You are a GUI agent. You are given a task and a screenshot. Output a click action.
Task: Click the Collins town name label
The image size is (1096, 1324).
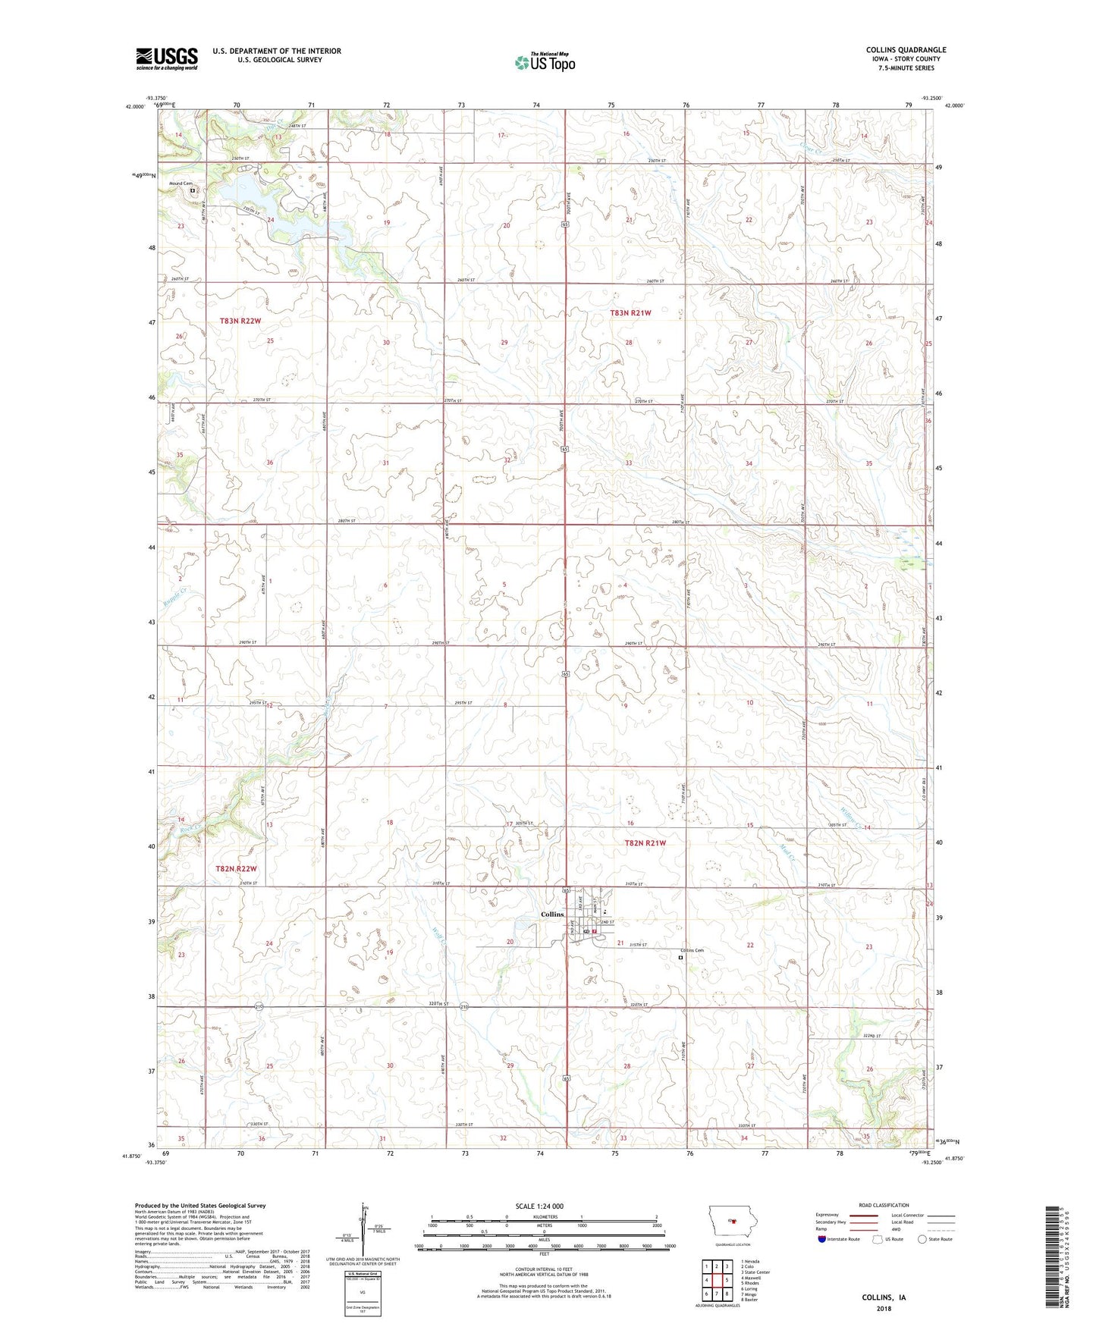click(551, 915)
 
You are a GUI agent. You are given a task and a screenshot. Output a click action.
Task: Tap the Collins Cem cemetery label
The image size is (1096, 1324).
click(692, 951)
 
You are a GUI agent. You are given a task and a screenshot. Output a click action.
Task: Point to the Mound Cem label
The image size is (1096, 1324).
click(181, 184)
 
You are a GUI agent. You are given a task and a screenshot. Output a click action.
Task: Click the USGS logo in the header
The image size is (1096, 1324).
click(167, 58)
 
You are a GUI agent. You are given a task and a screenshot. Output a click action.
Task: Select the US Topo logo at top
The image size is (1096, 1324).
click(545, 62)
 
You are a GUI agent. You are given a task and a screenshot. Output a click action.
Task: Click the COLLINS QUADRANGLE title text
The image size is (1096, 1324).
click(906, 50)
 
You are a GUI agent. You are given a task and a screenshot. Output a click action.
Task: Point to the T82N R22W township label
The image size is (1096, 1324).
click(236, 869)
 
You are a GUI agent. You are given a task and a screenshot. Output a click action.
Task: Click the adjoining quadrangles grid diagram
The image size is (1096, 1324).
click(716, 1281)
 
